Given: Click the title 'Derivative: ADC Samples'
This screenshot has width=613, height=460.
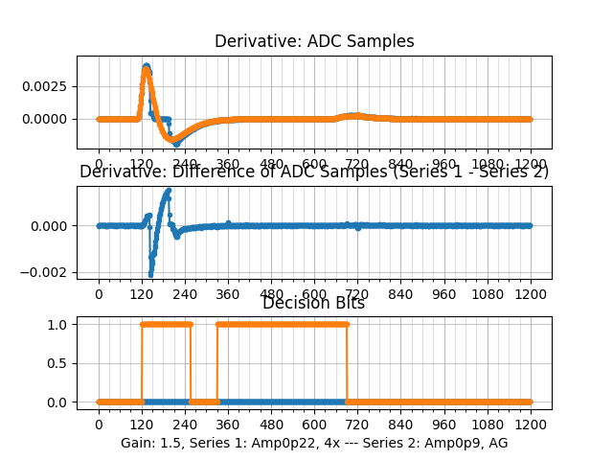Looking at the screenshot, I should pos(314,41).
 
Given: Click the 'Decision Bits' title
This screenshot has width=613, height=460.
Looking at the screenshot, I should pos(313,303).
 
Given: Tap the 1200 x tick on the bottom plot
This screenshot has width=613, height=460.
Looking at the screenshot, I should pos(531,425).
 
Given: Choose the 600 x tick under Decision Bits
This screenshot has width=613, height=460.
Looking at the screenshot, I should pos(314,425).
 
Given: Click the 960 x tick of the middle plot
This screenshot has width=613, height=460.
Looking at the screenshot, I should pos(444,295).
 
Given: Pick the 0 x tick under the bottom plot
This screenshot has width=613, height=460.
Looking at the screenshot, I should pos(98,425).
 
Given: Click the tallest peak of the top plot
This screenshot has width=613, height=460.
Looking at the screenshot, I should pos(146,66).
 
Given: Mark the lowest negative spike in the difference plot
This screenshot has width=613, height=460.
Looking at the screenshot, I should pos(150,275).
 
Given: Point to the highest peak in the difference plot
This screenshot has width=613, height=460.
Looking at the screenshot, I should pos(169,190).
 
